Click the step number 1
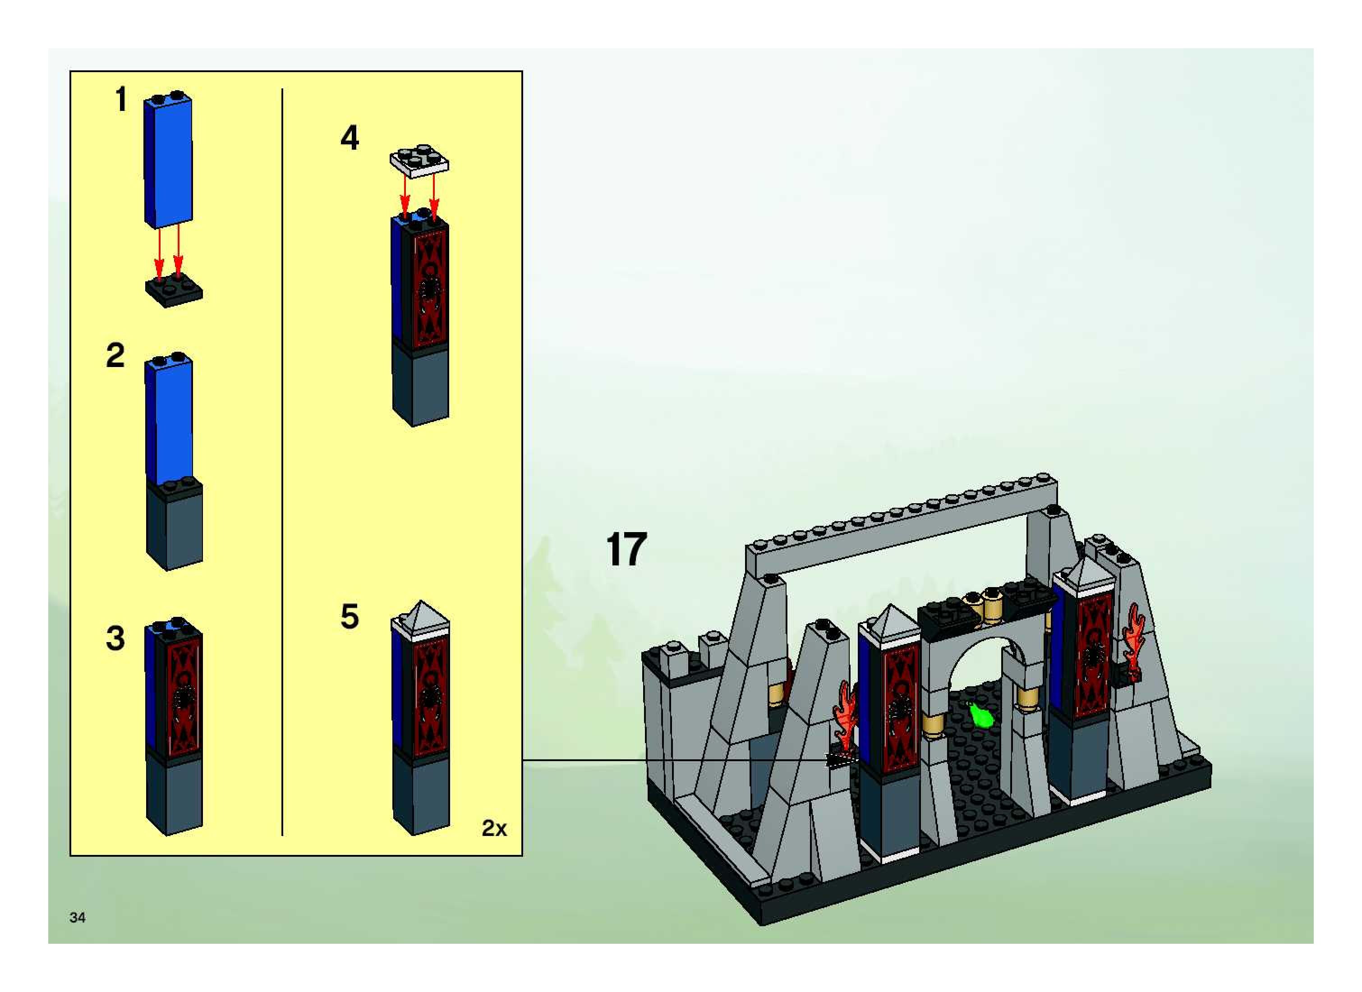[x=121, y=99]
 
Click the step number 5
[x=350, y=617]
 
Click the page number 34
[x=78, y=917]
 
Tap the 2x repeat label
[x=494, y=829]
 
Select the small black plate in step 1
[x=174, y=292]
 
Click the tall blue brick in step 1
[x=168, y=162]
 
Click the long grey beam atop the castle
[x=901, y=528]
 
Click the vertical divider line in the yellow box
[x=282, y=462]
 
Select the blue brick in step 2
[x=169, y=420]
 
